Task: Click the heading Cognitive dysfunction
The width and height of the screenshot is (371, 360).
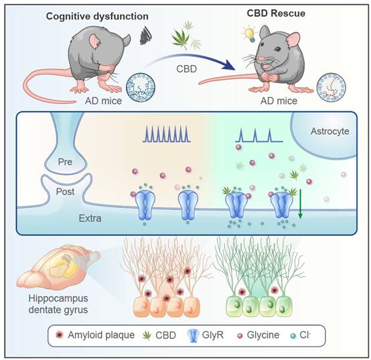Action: click(97, 17)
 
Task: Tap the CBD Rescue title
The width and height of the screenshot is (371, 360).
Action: click(276, 13)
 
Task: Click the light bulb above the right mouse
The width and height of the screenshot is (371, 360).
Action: click(249, 34)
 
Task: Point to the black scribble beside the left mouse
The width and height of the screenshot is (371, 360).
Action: click(146, 36)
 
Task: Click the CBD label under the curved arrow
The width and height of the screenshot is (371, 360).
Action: click(186, 69)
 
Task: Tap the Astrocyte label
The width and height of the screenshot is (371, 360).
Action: click(330, 131)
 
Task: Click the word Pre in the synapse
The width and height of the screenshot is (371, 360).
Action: click(65, 162)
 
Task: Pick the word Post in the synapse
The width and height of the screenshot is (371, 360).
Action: click(65, 192)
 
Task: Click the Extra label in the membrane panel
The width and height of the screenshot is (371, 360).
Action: click(90, 219)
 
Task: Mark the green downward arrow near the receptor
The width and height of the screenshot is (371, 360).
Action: click(300, 204)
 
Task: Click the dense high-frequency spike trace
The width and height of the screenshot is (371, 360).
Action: click(167, 134)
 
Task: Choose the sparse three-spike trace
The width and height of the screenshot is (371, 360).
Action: click(259, 135)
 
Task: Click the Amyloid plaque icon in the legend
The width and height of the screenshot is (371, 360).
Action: click(60, 335)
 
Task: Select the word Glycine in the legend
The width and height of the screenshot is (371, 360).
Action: click(263, 335)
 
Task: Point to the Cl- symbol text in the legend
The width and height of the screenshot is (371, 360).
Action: click(305, 335)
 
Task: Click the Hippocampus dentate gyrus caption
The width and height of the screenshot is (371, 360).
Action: click(58, 304)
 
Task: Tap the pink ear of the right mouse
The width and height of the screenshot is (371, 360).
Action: click(293, 40)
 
